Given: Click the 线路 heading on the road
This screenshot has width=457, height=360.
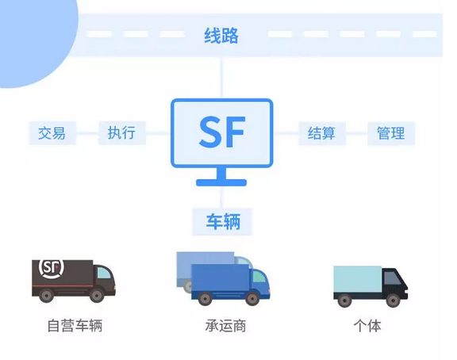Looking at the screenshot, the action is point(221,36).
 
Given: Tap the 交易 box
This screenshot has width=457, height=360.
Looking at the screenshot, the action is point(52,133).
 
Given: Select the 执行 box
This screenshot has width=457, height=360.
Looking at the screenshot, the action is point(122,133).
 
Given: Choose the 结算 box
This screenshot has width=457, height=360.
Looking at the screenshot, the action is point(322,133).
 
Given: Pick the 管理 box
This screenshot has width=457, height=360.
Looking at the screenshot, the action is point(391,133).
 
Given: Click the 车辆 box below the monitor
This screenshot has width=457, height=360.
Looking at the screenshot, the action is point(222,222).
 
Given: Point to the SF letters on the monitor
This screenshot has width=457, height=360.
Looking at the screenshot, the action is point(222,132).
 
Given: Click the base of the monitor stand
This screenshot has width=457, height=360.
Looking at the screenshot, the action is point(221,182).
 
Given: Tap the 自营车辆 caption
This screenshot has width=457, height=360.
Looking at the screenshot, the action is point(75,325).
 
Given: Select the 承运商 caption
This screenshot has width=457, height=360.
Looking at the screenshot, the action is point(225,325).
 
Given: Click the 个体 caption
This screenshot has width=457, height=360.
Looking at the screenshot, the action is point(367,325).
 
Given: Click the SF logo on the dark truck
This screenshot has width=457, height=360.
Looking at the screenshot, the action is point(52,267).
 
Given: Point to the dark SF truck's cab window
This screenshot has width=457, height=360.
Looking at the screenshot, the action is point(103,273).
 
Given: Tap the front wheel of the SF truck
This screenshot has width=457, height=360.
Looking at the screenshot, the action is point(97,295).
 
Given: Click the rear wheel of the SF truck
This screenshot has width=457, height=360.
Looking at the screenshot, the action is point(46,295).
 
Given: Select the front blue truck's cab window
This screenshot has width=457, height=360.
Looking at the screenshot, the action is point(259,276).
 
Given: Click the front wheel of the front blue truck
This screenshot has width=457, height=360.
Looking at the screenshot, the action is point(252,298).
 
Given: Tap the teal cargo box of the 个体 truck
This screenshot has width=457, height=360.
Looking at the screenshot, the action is point(358,279).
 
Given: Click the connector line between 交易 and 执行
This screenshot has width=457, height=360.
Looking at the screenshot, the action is point(87,133).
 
